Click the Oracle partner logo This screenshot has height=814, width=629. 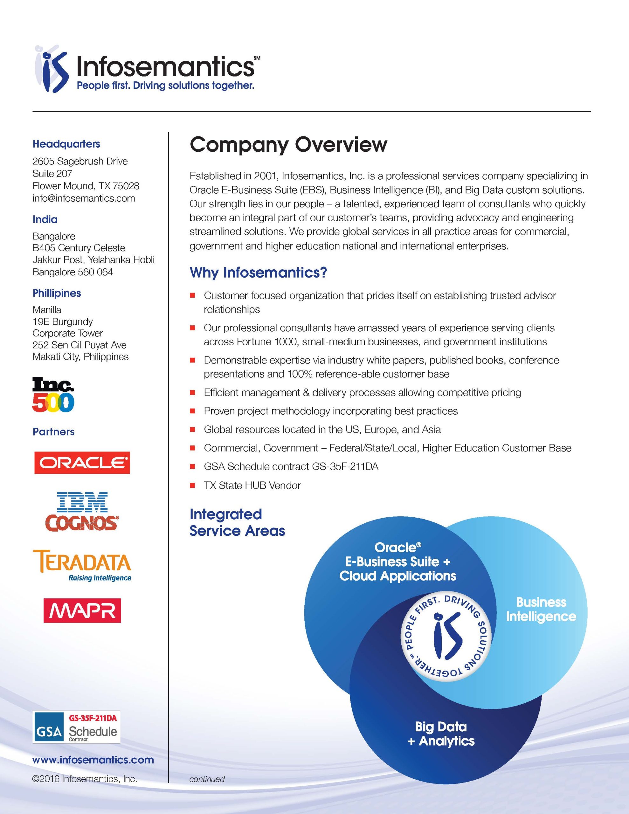82,463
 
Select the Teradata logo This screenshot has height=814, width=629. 82,565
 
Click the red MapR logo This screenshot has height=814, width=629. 82,610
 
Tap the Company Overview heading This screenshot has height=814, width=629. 288,145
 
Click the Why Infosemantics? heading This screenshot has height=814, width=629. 258,272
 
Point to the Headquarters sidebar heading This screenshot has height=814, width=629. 66,144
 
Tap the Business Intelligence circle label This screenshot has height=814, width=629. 541,609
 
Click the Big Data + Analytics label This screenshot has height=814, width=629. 441,734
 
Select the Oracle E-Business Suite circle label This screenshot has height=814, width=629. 397,561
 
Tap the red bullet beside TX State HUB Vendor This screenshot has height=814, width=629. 192,486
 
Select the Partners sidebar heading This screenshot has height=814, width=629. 53,431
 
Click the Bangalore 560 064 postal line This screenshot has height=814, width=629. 73,272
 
